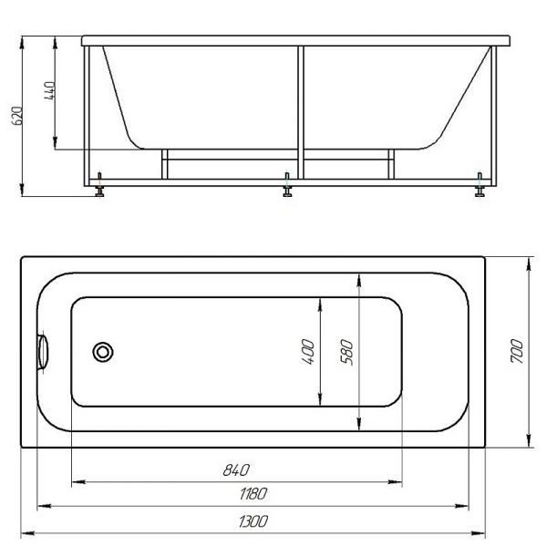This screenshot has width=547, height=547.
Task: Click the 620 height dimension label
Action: click(17, 116)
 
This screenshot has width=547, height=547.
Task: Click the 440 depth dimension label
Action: click(50, 90)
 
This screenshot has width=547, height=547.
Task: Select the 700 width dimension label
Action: click(517, 351)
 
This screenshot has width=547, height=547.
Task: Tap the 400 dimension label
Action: click(308, 352)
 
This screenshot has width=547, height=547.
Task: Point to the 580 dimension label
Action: click(346, 352)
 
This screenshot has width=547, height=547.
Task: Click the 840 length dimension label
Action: click(236, 470)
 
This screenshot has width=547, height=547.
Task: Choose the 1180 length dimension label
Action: click(253, 493)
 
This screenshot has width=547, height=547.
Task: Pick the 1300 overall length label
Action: click(253, 521)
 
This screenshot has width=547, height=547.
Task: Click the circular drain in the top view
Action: click(103, 352)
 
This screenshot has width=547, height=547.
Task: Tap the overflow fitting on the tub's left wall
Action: click(43, 352)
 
